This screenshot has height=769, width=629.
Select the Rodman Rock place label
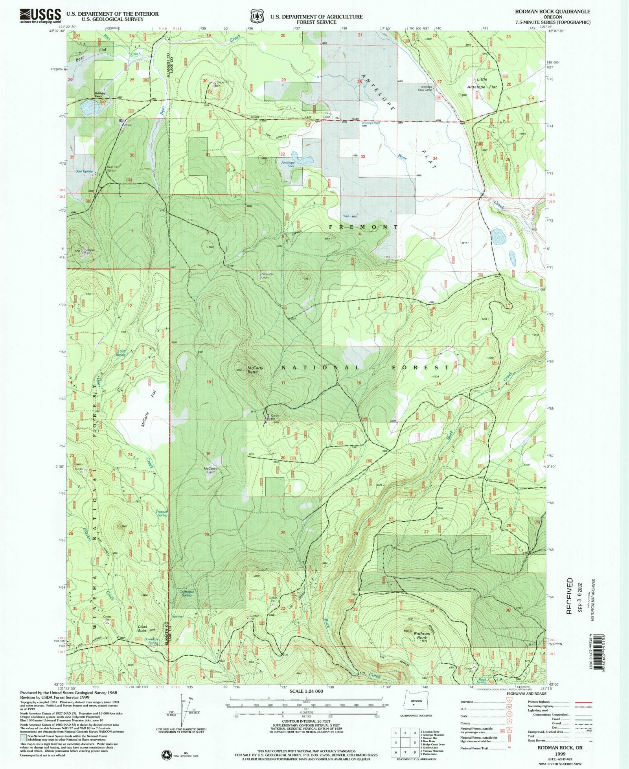422,634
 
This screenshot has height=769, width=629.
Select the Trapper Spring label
162,513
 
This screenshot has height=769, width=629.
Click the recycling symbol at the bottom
167,754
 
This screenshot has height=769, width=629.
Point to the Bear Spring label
84,171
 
